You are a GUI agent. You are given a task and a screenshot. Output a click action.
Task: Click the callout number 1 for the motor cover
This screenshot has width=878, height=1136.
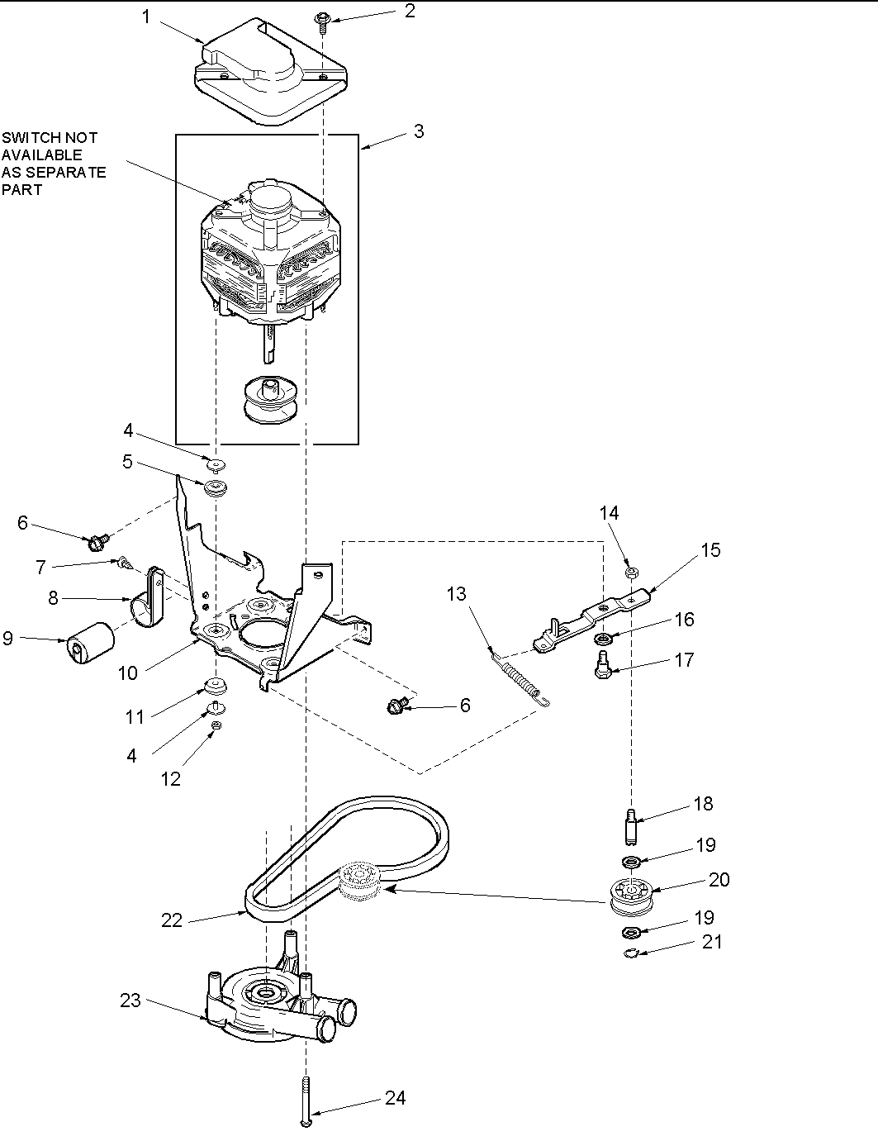146,17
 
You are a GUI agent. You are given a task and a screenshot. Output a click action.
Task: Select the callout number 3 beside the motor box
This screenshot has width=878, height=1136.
419,131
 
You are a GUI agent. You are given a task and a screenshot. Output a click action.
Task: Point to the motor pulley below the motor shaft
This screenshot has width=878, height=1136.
265,401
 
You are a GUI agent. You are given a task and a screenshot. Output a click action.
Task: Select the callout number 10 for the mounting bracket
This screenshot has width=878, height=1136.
127,673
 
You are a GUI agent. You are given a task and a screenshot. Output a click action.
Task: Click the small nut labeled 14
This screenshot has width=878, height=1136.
630,571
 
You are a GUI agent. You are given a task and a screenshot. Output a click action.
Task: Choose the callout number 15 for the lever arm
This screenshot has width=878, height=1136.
710,549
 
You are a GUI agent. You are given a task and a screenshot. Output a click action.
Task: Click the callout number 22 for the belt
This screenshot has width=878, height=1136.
171,920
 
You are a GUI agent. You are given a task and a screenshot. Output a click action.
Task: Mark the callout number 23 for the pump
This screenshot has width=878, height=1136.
131,1001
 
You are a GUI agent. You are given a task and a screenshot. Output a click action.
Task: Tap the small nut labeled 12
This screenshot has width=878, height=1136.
216,725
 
